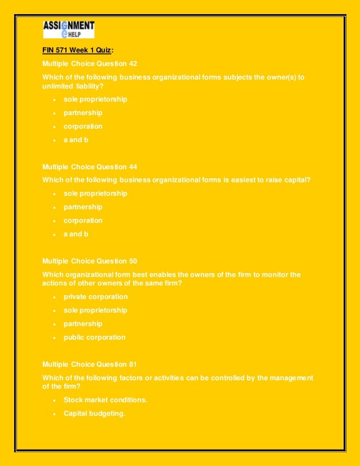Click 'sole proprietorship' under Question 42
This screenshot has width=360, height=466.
pos(95,99)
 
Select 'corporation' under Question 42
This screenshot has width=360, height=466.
pos(83,126)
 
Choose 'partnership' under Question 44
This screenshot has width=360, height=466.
pos(83,207)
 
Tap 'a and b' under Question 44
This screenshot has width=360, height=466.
pos(76,234)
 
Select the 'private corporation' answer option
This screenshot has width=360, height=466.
pos(95,297)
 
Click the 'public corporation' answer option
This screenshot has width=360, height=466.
pos(94,337)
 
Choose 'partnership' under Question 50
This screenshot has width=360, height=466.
pos(83,324)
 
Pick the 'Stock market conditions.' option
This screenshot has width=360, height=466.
pos(106,400)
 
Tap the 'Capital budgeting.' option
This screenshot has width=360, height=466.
pos(94,414)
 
